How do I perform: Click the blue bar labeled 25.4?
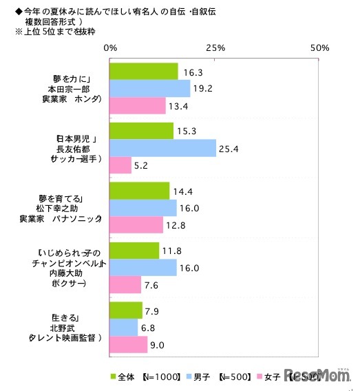[x=162, y=148]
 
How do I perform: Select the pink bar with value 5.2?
[x=120, y=165]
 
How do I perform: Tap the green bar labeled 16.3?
[x=144, y=71]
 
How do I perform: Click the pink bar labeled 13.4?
[x=138, y=105]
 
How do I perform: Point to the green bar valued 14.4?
[x=140, y=191]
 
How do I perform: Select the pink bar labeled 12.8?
[x=136, y=224]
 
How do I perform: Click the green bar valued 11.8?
[x=134, y=251]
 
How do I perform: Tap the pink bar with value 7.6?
[x=125, y=284]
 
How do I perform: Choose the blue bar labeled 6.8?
[x=124, y=328]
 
